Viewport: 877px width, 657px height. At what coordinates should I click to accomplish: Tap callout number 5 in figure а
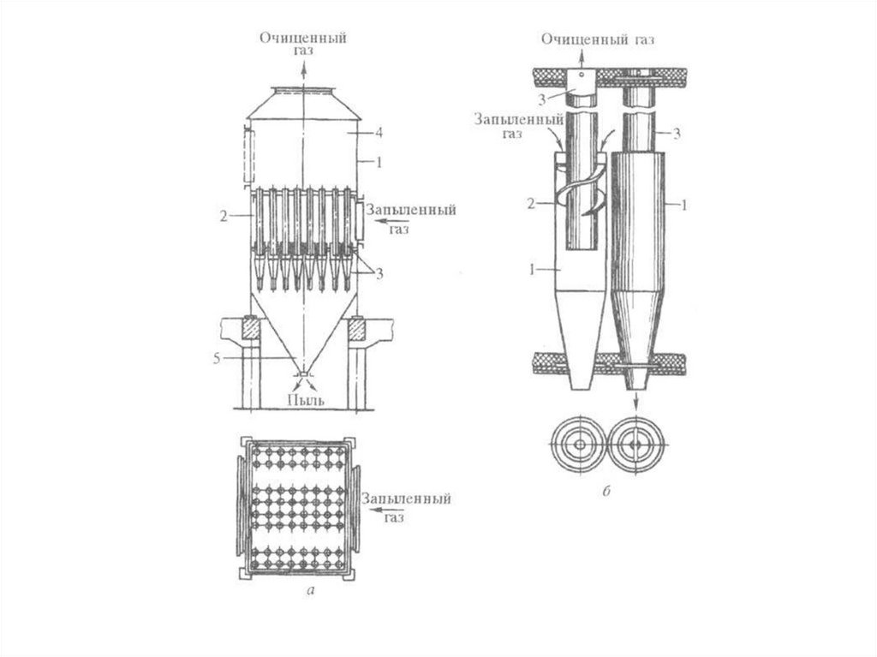pyautogui.click(x=217, y=359)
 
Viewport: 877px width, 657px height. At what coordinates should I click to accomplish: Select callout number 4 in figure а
pyautogui.click(x=379, y=133)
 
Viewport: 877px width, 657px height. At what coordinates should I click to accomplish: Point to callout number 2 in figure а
pyautogui.click(x=224, y=216)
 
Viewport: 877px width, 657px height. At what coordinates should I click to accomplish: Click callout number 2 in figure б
pyautogui.click(x=531, y=203)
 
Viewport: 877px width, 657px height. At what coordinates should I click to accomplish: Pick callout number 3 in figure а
pyautogui.click(x=379, y=273)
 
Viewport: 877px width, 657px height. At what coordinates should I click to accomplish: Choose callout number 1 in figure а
pyautogui.click(x=379, y=162)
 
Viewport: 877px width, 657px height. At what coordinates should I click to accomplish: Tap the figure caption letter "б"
pyautogui.click(x=606, y=492)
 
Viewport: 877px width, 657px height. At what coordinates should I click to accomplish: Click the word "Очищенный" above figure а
pyautogui.click(x=303, y=38)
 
